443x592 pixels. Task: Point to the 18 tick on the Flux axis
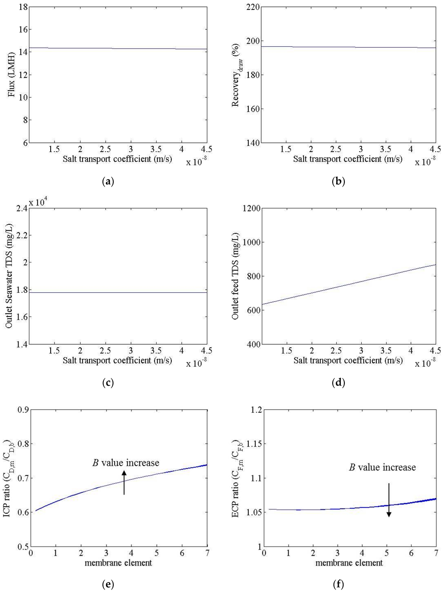point(23,7)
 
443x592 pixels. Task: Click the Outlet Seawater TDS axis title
point(10,275)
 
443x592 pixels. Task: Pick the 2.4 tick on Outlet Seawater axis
point(21,208)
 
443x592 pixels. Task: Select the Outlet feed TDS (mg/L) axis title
point(236,276)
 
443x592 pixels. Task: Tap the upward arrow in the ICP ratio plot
point(124,482)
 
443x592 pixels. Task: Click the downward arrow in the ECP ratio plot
point(389,500)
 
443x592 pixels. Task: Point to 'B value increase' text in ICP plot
point(126,463)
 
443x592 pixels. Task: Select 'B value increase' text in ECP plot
point(382,467)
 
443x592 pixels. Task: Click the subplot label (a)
point(107,181)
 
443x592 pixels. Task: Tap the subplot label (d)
point(338,383)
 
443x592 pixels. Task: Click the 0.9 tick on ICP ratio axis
point(21,410)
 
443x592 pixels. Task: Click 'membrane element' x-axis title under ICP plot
point(118,563)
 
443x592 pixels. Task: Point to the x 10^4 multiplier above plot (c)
point(38,202)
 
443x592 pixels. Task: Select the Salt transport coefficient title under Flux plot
point(117,159)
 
